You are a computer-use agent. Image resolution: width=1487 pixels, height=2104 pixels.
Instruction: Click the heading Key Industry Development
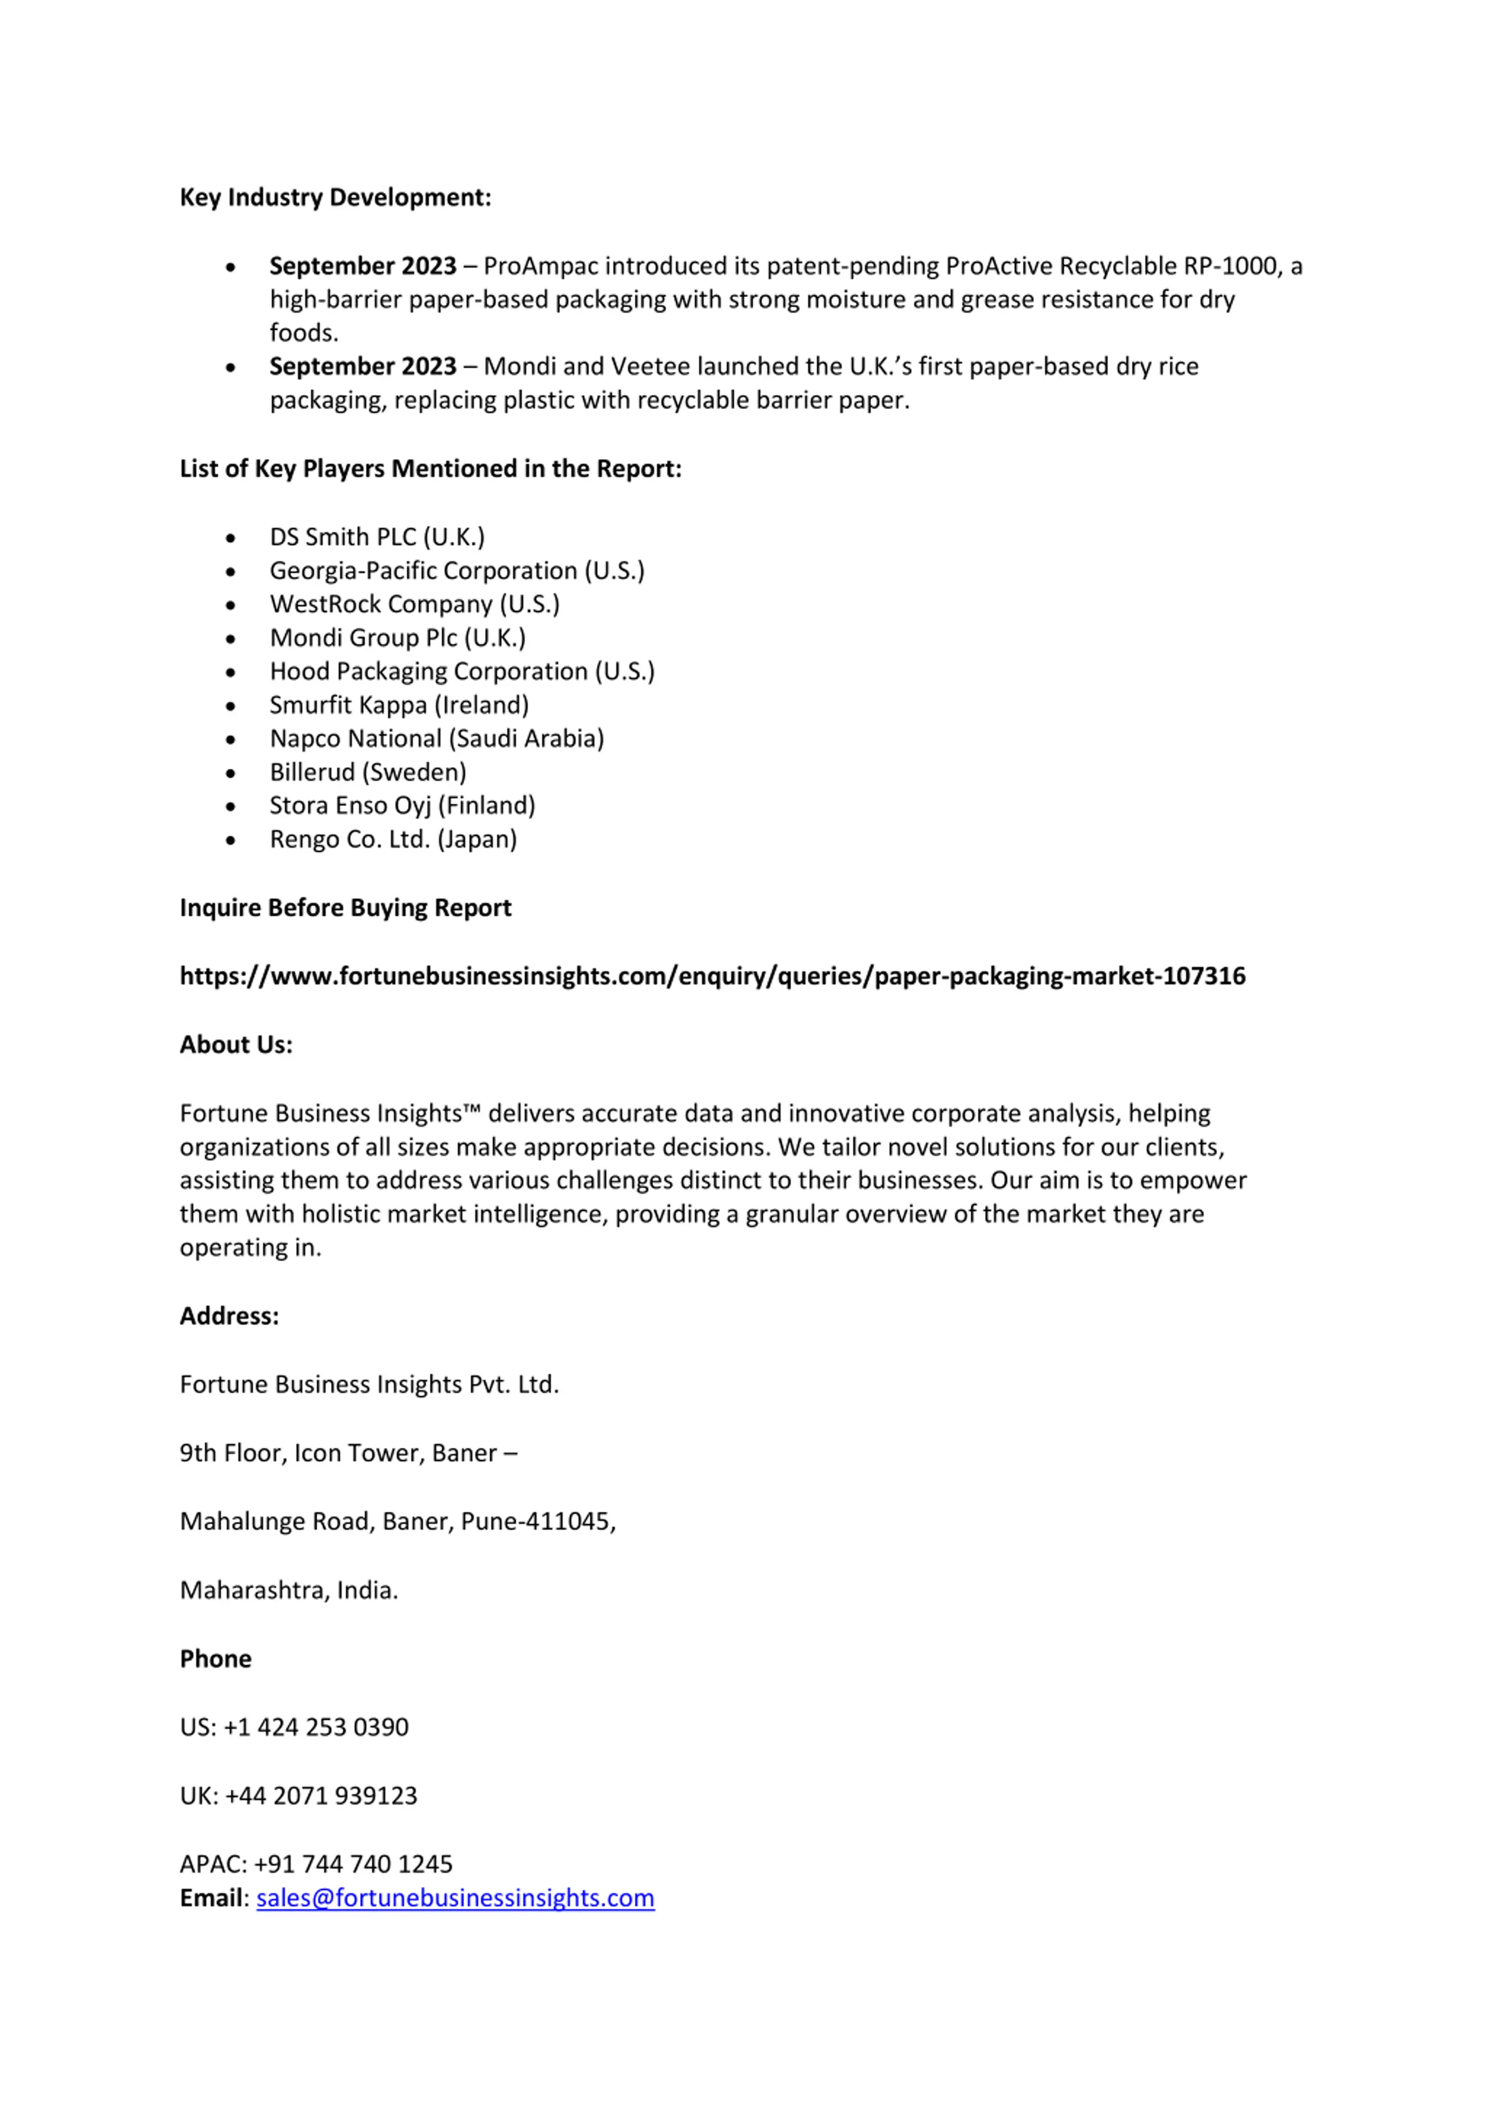(x=335, y=198)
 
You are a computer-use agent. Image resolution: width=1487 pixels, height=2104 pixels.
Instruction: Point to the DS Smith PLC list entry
(x=376, y=537)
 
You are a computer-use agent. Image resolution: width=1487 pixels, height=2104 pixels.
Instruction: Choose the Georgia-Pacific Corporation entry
(x=457, y=571)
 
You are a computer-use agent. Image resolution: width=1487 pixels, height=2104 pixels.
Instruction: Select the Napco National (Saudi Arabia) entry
(x=436, y=739)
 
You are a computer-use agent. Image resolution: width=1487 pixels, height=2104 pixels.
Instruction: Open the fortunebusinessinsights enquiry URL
(x=712, y=976)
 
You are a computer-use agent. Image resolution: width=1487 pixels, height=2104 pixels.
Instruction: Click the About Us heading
(x=235, y=1045)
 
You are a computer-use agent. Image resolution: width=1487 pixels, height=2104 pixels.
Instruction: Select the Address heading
(x=229, y=1316)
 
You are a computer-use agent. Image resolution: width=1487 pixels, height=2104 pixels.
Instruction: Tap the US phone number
(x=315, y=1727)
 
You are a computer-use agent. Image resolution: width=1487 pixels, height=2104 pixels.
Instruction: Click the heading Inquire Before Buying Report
(x=346, y=908)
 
